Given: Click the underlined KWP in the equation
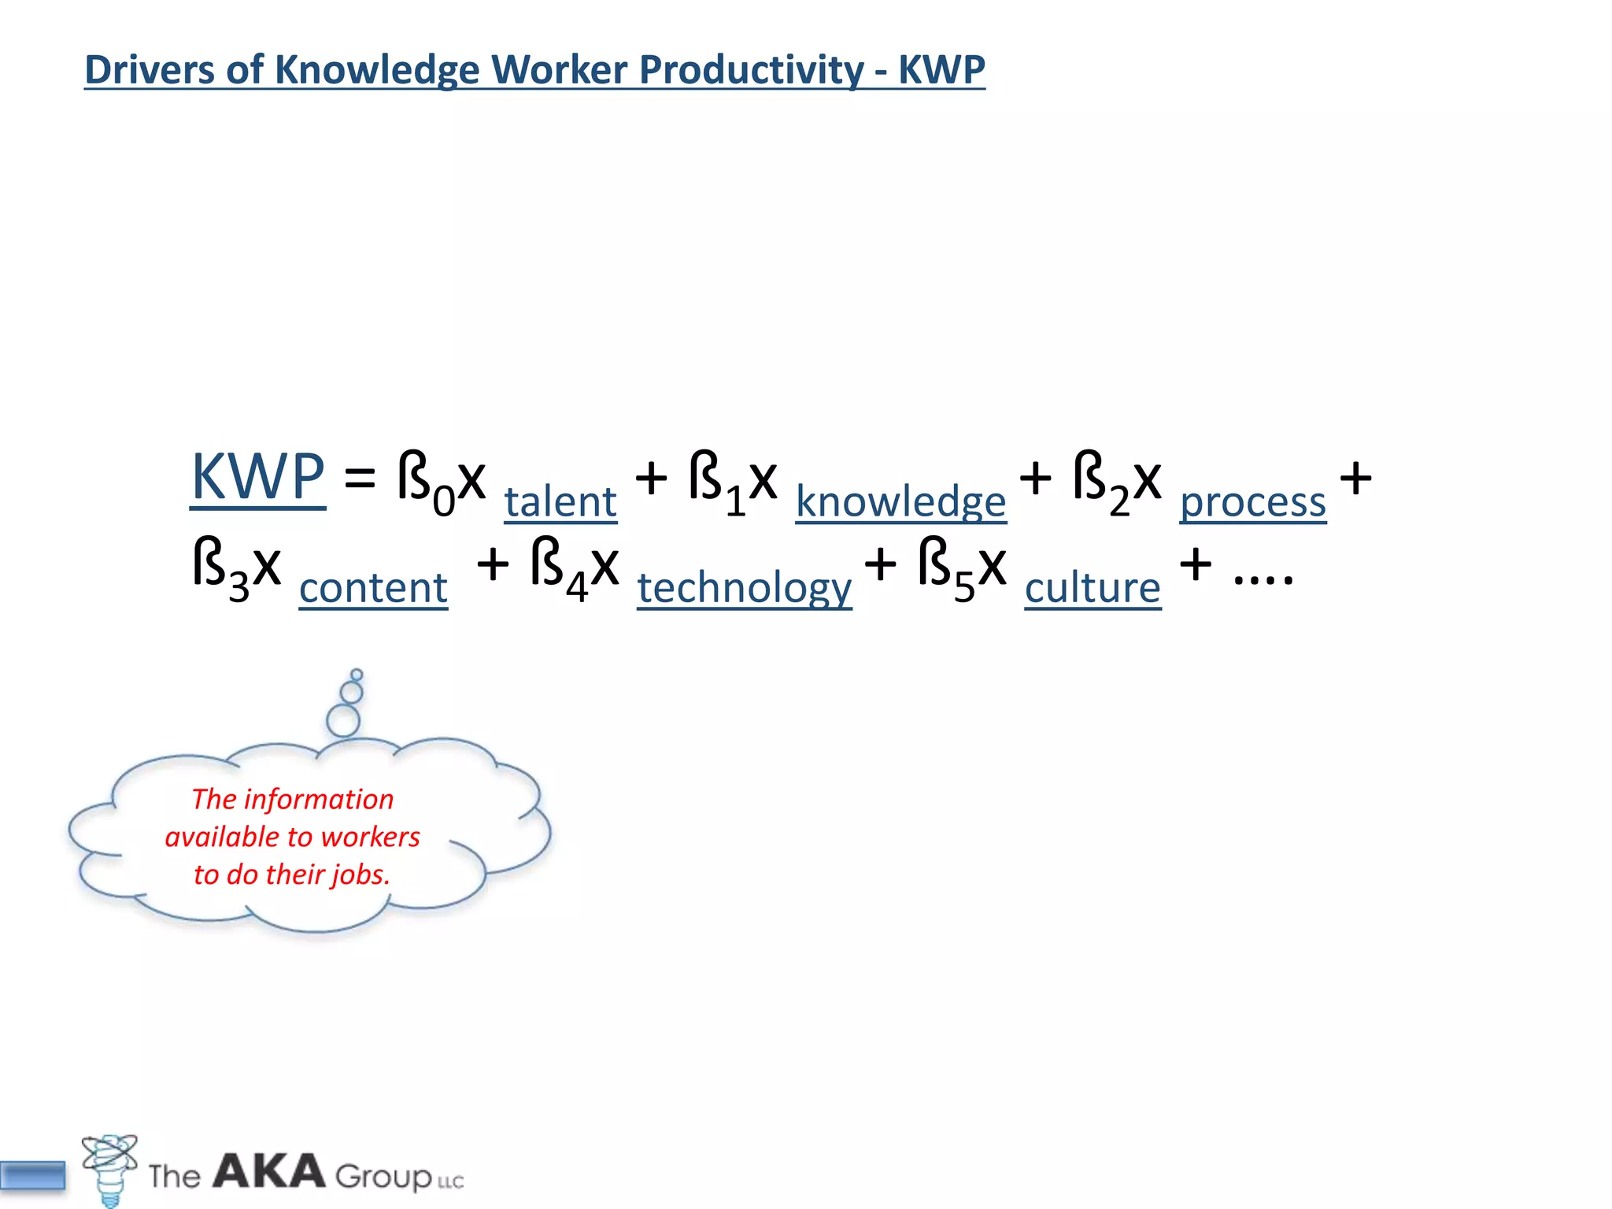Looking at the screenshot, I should tap(258, 477).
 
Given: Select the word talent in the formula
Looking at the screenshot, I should tap(560, 501).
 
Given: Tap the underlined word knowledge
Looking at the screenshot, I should tap(900, 501).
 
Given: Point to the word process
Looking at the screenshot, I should tap(1252, 501).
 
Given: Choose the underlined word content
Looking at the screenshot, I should tap(373, 588).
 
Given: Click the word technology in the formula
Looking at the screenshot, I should tap(744, 588).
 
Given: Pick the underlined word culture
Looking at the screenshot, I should tap(1093, 588).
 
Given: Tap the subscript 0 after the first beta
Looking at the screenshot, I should tap(444, 501).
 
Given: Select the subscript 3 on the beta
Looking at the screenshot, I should tap(239, 588).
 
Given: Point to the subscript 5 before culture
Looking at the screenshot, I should tap(964, 588).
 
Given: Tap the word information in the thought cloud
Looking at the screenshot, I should tap(318, 799).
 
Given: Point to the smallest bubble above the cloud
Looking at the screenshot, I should tap(357, 675).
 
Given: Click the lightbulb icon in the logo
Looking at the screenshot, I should tap(110, 1169).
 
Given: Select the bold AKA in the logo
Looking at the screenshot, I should tap(268, 1171).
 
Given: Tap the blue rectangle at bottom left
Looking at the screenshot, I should tap(33, 1176).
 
